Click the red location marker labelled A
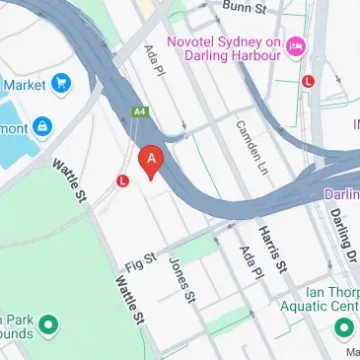tap(150, 160)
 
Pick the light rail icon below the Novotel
tap(309, 82)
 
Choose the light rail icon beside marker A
tap(123, 181)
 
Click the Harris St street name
tap(273, 246)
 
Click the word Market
tap(24, 86)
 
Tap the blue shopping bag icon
tap(41, 126)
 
